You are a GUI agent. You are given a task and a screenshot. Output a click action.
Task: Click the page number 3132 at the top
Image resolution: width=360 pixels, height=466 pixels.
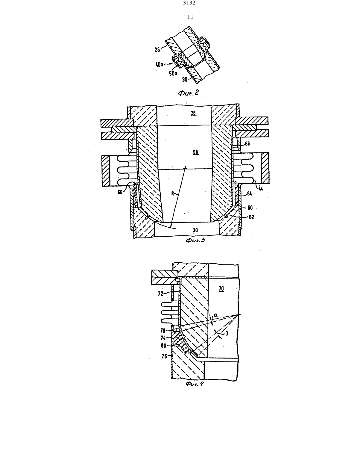click(189, 3)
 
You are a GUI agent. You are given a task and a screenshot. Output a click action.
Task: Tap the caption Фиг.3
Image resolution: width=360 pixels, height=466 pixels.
click(195, 240)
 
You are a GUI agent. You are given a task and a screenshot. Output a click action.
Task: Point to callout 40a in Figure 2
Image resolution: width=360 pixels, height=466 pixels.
click(160, 64)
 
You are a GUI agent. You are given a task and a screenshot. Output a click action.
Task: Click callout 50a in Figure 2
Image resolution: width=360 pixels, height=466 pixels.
click(173, 74)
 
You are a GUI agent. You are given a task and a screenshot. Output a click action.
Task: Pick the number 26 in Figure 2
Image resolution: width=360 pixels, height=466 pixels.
click(157, 49)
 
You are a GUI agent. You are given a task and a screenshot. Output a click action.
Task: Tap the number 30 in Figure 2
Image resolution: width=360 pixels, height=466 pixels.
click(185, 80)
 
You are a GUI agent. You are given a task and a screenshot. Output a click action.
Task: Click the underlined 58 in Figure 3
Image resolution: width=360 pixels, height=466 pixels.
click(196, 153)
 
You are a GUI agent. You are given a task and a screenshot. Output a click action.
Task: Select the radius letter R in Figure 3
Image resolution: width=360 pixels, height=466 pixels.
click(173, 193)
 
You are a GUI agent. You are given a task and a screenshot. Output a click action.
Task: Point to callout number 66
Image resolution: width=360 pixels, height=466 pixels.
click(120, 192)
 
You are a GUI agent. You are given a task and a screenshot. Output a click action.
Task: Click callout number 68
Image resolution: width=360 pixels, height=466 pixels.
click(247, 144)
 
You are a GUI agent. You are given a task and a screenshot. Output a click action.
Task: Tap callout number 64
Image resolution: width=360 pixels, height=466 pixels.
click(250, 194)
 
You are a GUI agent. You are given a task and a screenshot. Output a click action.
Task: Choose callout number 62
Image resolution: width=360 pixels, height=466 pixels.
click(251, 217)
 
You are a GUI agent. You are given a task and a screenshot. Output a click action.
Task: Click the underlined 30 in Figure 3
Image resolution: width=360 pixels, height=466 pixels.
click(195, 231)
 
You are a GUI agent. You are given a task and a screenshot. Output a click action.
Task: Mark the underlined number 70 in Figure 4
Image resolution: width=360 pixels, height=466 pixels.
click(221, 289)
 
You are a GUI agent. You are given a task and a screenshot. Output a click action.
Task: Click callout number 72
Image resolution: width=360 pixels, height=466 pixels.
click(160, 294)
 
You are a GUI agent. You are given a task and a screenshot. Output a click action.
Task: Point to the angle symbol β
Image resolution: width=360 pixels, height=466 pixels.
click(227, 334)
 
